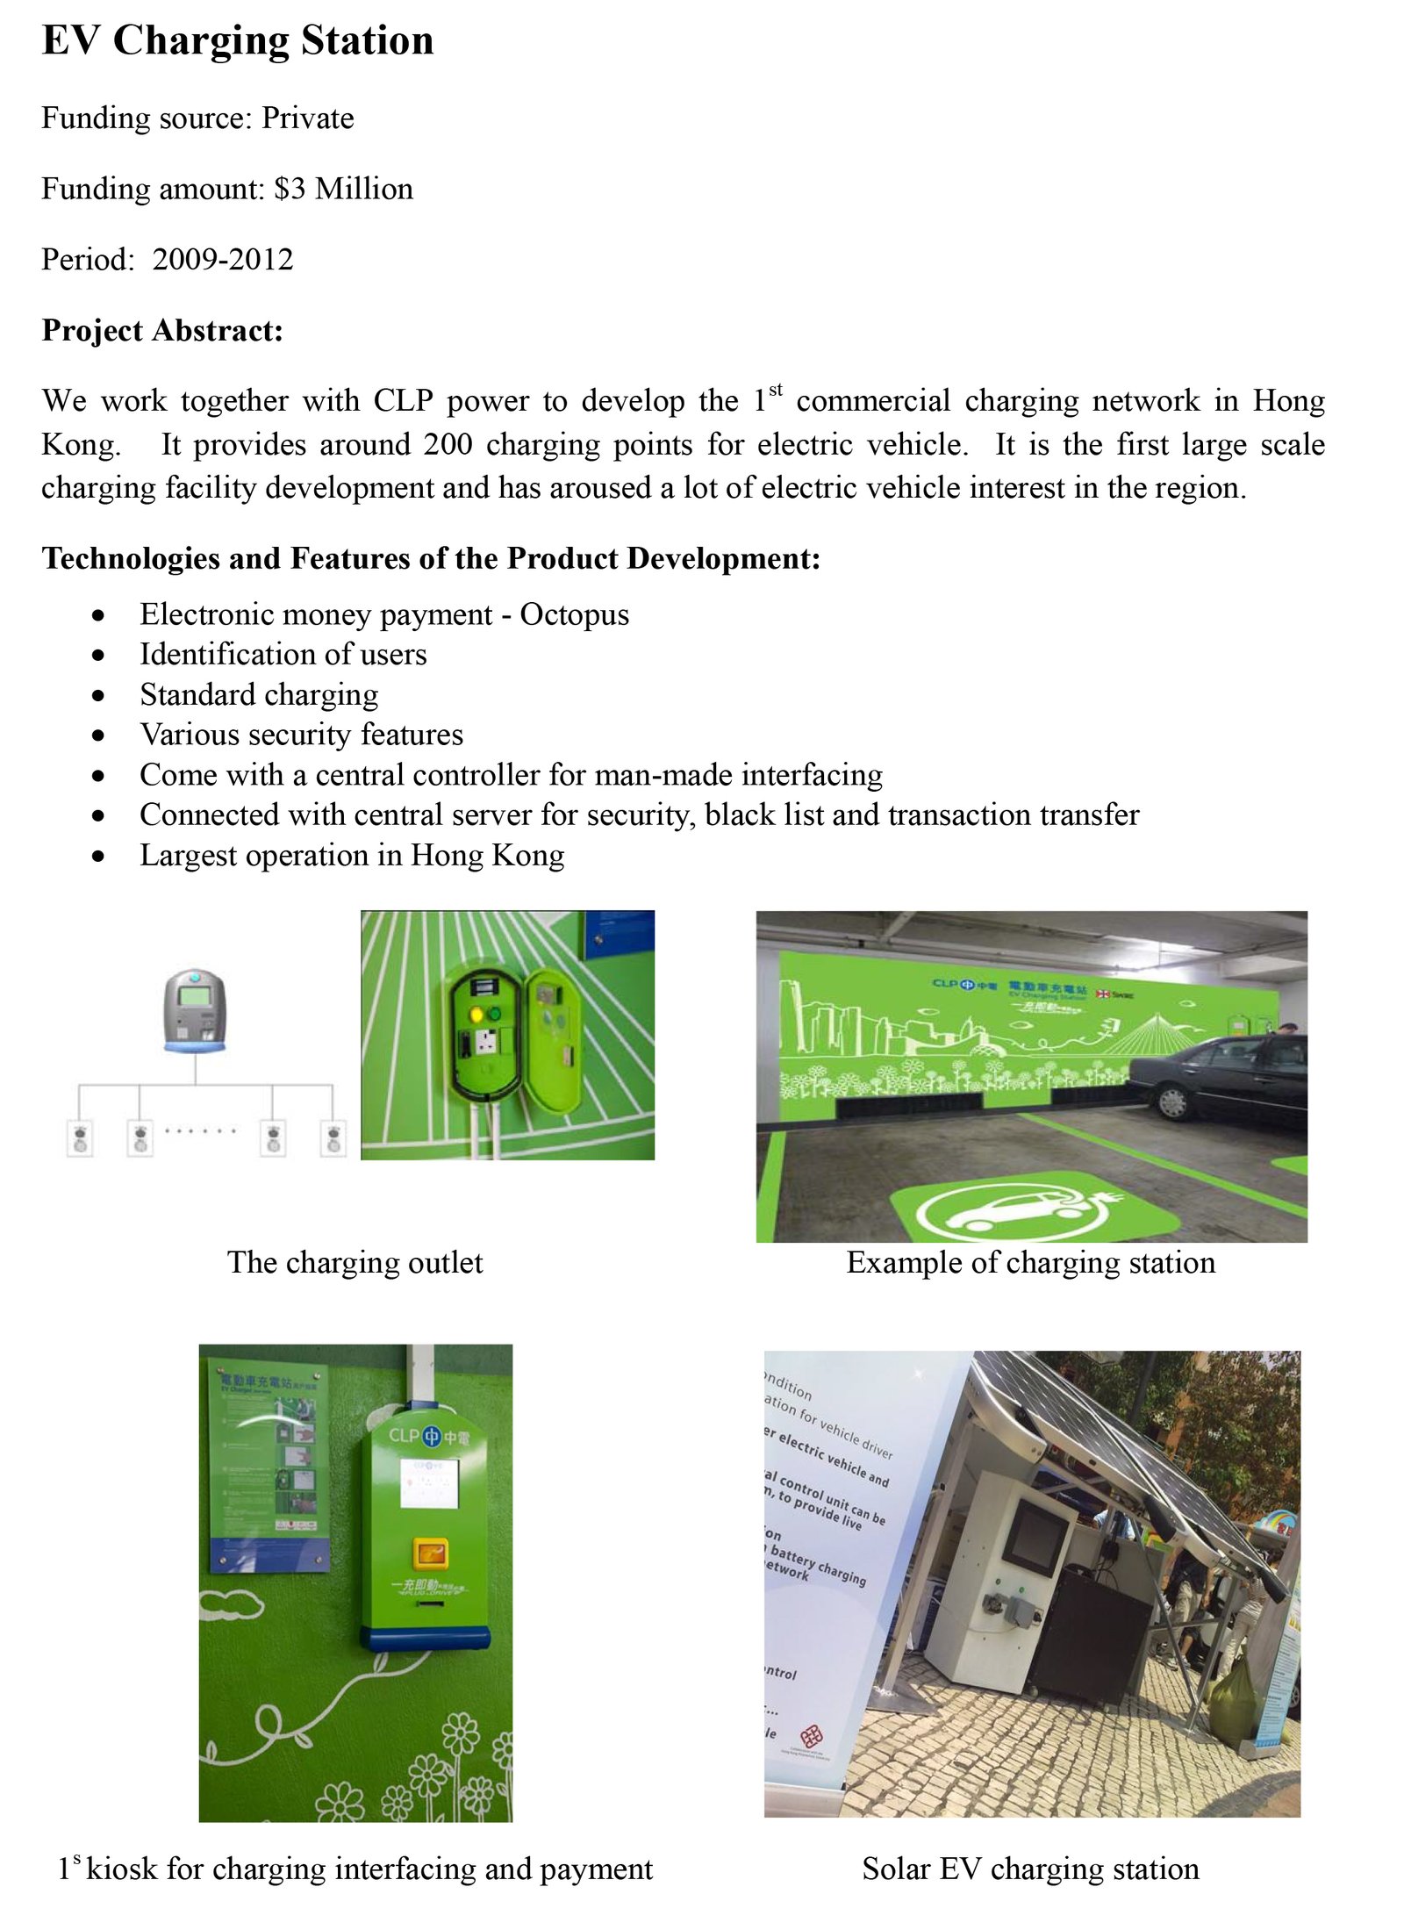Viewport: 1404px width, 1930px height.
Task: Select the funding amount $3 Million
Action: pyautogui.click(x=343, y=189)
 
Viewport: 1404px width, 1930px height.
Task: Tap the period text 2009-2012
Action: pyautogui.click(x=223, y=260)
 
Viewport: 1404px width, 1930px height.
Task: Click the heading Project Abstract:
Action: pyautogui.click(x=162, y=331)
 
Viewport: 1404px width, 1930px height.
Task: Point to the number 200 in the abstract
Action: pyautogui.click(x=448, y=444)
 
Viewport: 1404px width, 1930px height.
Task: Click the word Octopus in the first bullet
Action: pyautogui.click(x=574, y=614)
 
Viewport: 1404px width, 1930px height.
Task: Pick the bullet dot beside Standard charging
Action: pyautogui.click(x=98, y=695)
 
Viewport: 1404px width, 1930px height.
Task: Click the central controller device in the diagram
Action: pyautogui.click(x=195, y=1009)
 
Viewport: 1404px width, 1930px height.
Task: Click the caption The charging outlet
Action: pyautogui.click(x=355, y=1262)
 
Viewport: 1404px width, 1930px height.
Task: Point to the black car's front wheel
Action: pyautogui.click(x=1172, y=1101)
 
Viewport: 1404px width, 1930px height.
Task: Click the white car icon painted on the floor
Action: pyautogui.click(x=1009, y=1211)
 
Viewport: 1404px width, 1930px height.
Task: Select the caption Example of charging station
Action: pyautogui.click(x=1030, y=1262)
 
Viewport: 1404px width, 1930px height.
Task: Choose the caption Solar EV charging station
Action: pyautogui.click(x=1030, y=1869)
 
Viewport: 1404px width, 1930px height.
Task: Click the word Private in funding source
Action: pyautogui.click(x=307, y=118)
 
